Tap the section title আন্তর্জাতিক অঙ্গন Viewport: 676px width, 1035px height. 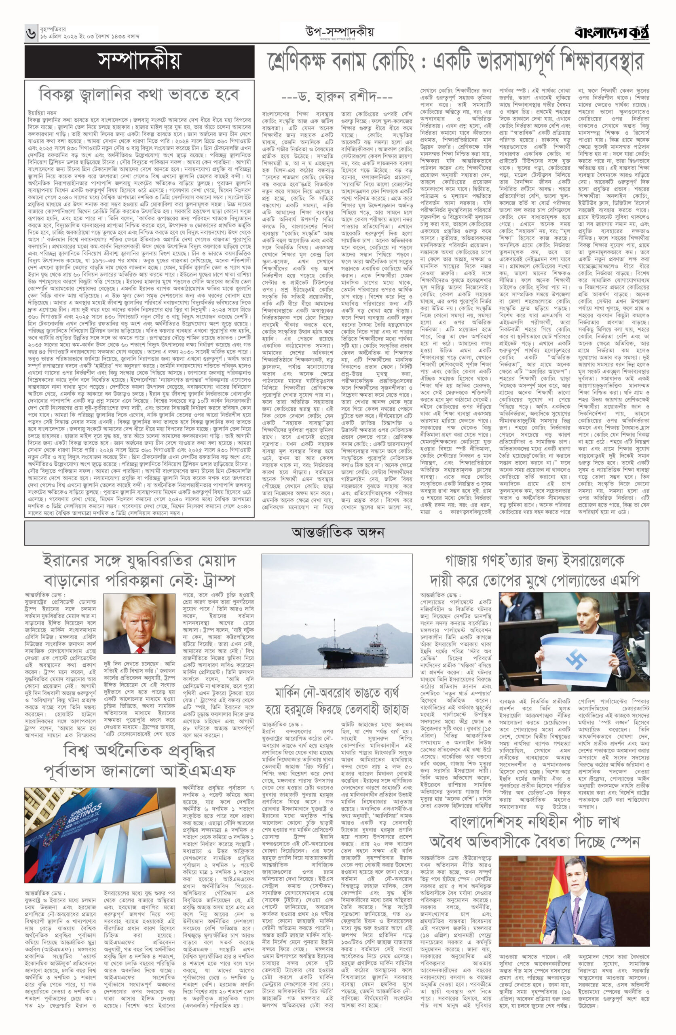click(x=337, y=532)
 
